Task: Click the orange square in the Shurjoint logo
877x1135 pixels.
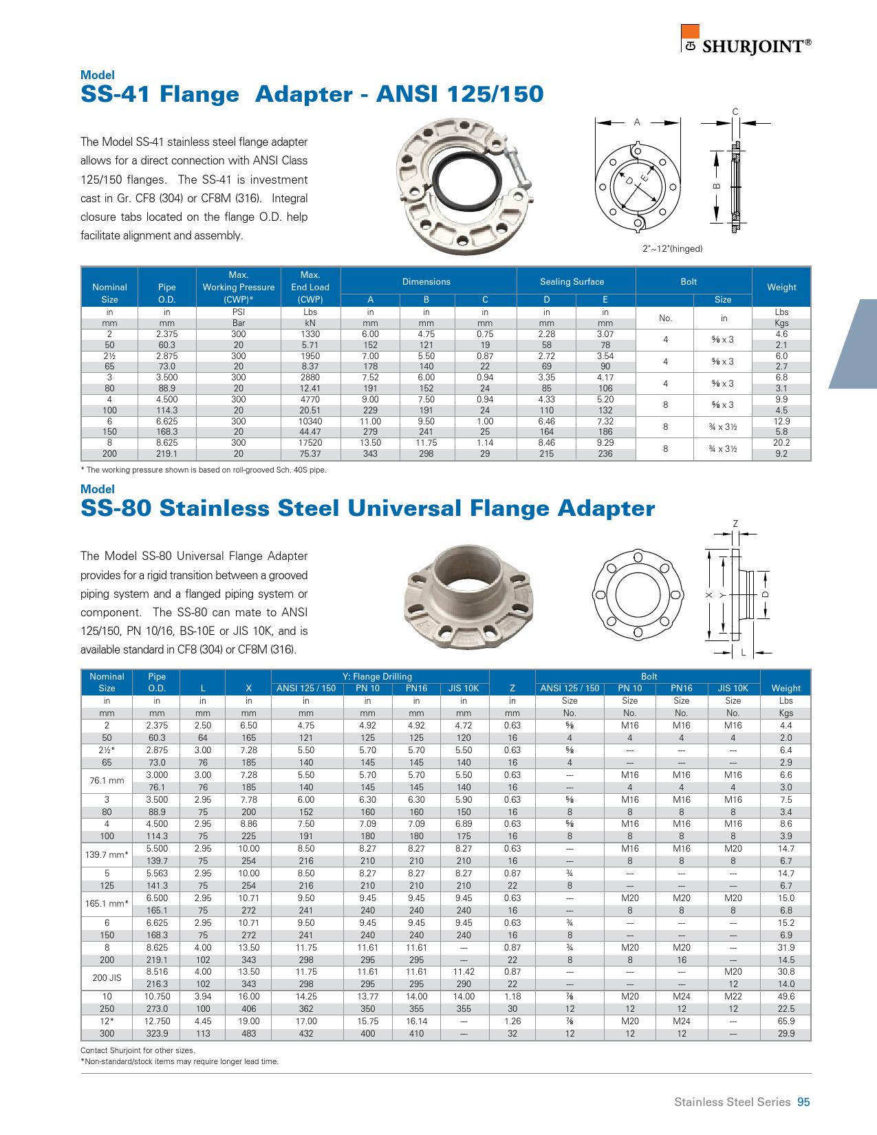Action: tap(690, 32)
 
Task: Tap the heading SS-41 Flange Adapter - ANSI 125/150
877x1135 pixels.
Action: tap(312, 94)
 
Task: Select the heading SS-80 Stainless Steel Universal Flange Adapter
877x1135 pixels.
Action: tap(367, 508)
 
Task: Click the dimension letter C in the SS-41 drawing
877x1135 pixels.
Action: tap(735, 111)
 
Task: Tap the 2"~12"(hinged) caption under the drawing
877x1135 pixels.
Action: tap(672, 248)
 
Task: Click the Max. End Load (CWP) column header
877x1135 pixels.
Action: tap(310, 287)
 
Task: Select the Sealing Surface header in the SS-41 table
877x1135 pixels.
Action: tap(572, 281)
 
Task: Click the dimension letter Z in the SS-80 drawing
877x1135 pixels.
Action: tap(735, 523)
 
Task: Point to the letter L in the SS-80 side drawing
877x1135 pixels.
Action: tap(744, 652)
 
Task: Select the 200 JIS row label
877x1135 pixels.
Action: tap(107, 977)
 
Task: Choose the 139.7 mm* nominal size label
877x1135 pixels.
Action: tap(107, 854)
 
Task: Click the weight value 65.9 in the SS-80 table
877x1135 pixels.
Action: tap(786, 1021)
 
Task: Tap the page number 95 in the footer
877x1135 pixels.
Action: tap(803, 1102)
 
